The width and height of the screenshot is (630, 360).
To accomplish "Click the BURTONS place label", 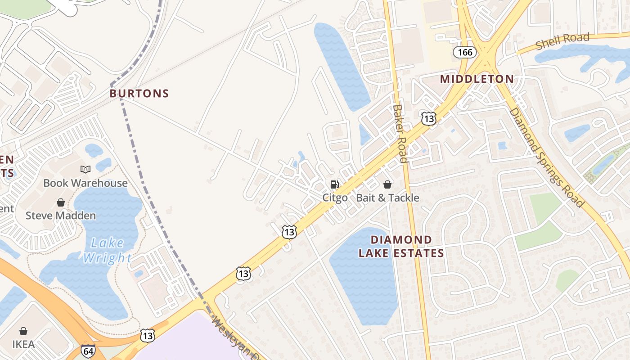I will click(139, 94).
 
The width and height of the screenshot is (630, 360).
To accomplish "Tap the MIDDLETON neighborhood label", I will click(477, 79).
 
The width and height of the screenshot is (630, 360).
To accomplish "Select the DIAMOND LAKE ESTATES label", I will click(401, 246).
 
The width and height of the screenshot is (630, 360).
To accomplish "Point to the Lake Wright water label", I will click(107, 250).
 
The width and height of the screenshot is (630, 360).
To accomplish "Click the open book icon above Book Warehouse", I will click(85, 169).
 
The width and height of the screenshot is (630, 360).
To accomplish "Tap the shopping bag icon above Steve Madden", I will click(61, 202).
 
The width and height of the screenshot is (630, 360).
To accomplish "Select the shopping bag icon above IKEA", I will click(23, 331).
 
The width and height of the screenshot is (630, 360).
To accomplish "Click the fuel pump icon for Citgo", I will click(335, 184).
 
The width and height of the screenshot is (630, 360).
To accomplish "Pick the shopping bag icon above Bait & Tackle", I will click(387, 184).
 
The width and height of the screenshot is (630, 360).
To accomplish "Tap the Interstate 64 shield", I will click(88, 351).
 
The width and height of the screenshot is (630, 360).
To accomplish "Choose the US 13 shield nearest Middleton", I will click(429, 118).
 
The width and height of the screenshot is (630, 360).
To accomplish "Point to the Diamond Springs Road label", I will click(546, 157).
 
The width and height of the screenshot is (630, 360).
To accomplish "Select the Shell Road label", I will click(562, 41).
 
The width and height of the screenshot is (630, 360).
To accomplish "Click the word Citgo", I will click(335, 198).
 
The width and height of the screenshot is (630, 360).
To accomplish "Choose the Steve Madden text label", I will click(61, 216).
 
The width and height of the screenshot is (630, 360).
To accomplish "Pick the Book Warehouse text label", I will click(85, 183).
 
